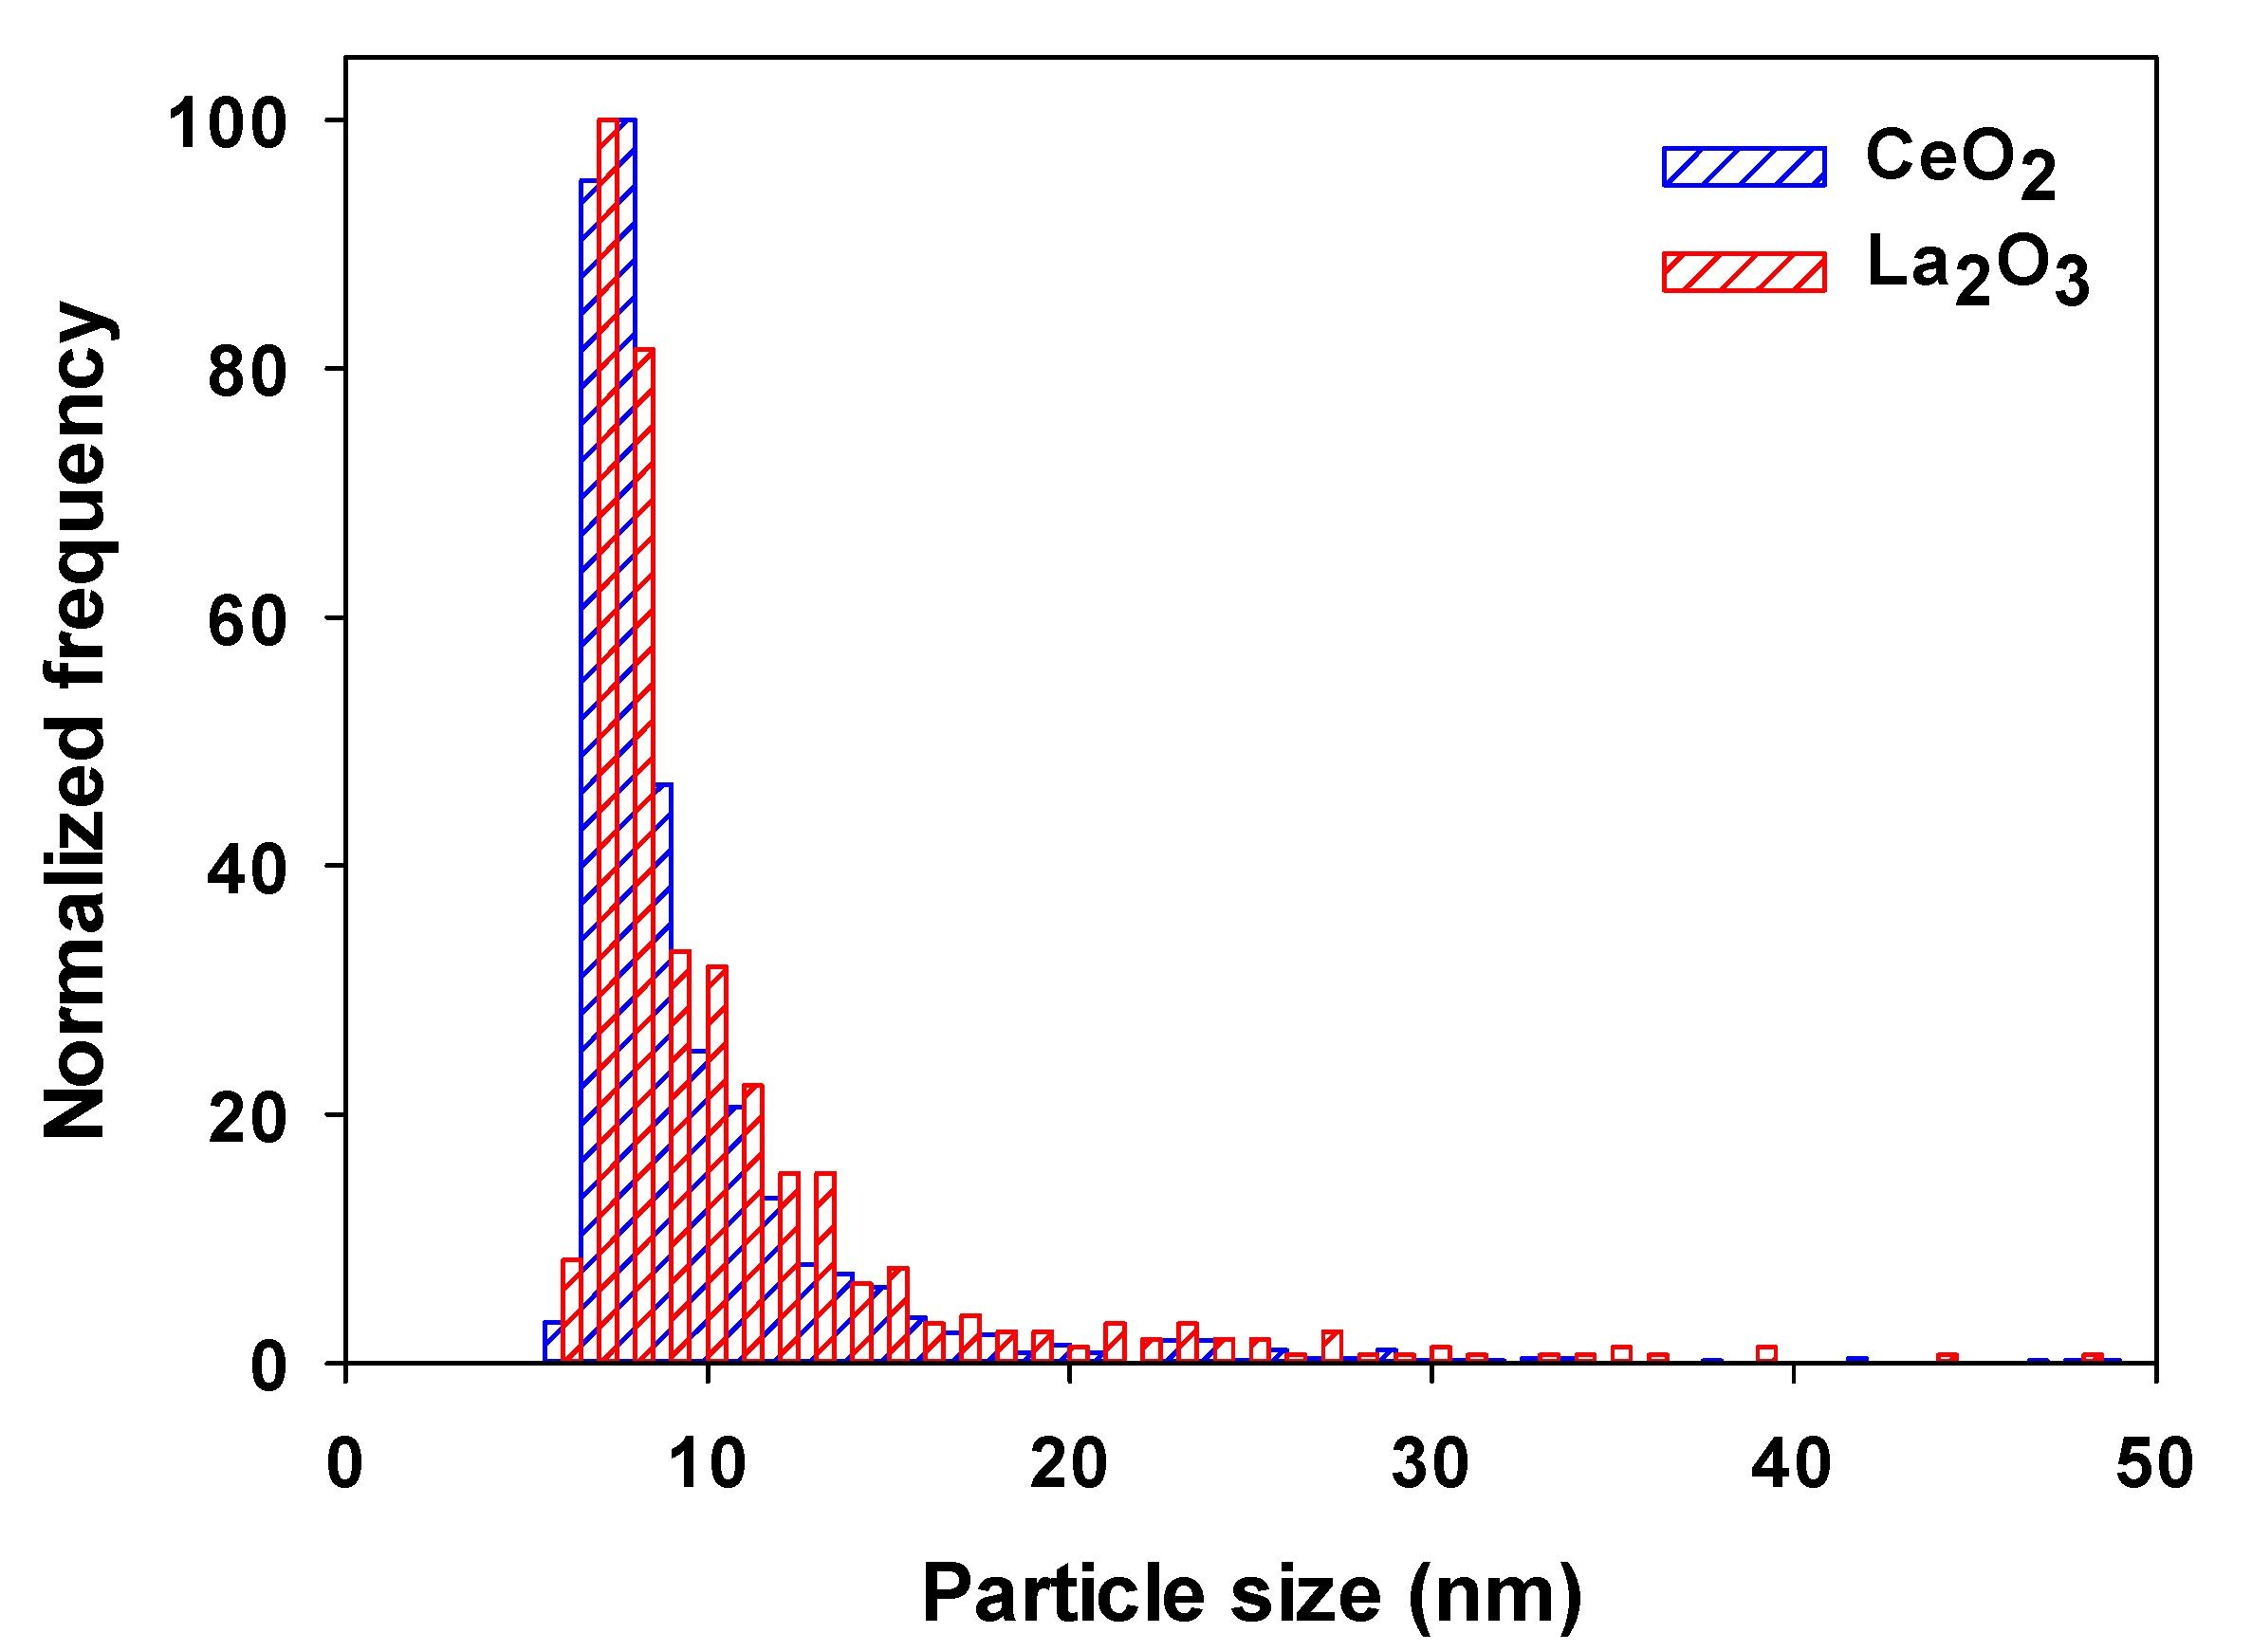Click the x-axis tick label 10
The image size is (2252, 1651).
point(707,1464)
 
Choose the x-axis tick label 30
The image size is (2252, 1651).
point(1431,1464)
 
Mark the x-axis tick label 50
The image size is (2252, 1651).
point(2154,1464)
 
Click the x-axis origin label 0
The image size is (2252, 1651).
point(345,1464)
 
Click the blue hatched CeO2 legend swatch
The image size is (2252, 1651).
point(1744,167)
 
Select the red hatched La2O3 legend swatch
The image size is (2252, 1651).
point(1744,272)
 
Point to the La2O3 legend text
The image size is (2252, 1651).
point(1977,267)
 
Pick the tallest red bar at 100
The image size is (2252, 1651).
point(608,740)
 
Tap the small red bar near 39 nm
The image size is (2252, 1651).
point(1766,1355)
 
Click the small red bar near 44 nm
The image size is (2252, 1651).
point(1947,1359)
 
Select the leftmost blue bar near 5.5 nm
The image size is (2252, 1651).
point(552,1342)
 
